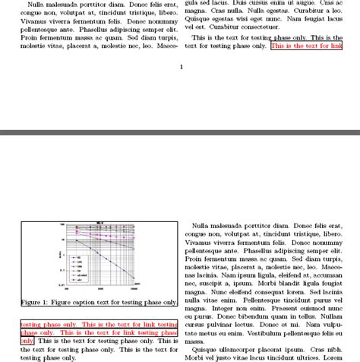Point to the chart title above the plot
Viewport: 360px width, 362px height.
coord(99,223)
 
